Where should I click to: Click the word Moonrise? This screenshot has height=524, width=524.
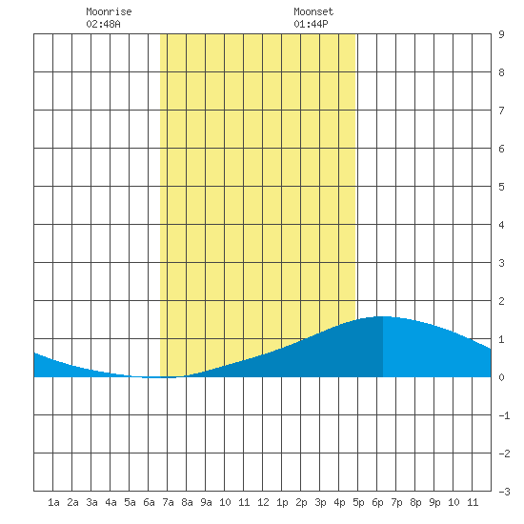coord(109,11)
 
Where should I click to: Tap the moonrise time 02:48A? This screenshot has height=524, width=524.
coord(103,24)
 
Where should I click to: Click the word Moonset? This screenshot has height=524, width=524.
coord(313,11)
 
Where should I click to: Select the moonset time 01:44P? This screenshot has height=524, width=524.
coord(311,24)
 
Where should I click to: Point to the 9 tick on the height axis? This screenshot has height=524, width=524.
coord(501,34)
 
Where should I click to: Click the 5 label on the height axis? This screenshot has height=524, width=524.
coord(501,187)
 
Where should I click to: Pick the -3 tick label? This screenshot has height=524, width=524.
coord(504,492)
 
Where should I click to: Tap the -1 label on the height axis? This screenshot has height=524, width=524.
coord(504,415)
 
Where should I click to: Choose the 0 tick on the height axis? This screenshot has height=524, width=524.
coord(501,377)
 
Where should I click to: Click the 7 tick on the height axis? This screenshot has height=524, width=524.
coord(501,111)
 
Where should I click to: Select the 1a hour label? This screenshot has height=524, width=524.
coord(53,502)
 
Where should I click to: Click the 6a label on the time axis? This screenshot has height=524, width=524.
coord(149,502)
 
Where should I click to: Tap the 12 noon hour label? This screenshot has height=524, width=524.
coord(263,502)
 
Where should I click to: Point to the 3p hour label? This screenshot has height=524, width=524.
coord(320,502)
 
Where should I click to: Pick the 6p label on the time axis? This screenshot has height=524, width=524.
coord(377,502)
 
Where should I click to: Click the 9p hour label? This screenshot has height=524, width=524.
coord(434,502)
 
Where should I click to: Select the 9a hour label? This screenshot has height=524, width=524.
coord(206,502)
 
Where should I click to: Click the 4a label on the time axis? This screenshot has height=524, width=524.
coord(111,502)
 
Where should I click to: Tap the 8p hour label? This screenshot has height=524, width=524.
coord(415,502)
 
